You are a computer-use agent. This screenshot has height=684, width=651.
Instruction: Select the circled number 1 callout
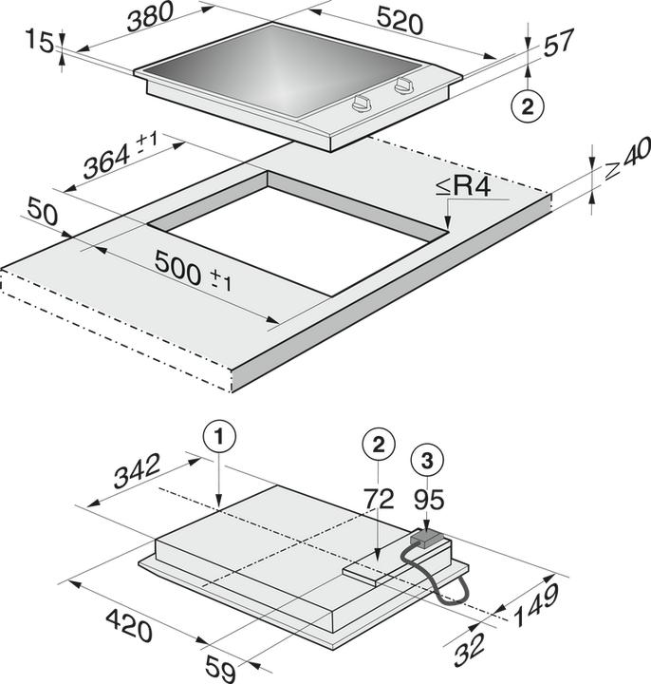[218, 438]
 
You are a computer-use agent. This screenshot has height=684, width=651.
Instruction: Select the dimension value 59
[220, 669]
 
